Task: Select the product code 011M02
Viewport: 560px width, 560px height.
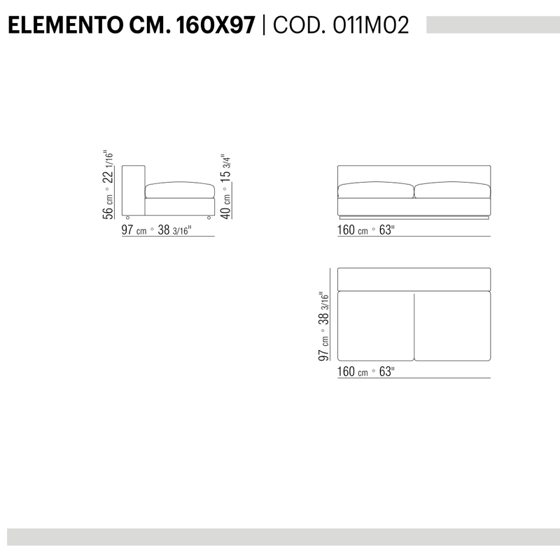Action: [371, 25]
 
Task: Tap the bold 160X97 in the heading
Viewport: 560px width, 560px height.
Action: [216, 25]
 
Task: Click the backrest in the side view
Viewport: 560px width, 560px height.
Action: [134, 190]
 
